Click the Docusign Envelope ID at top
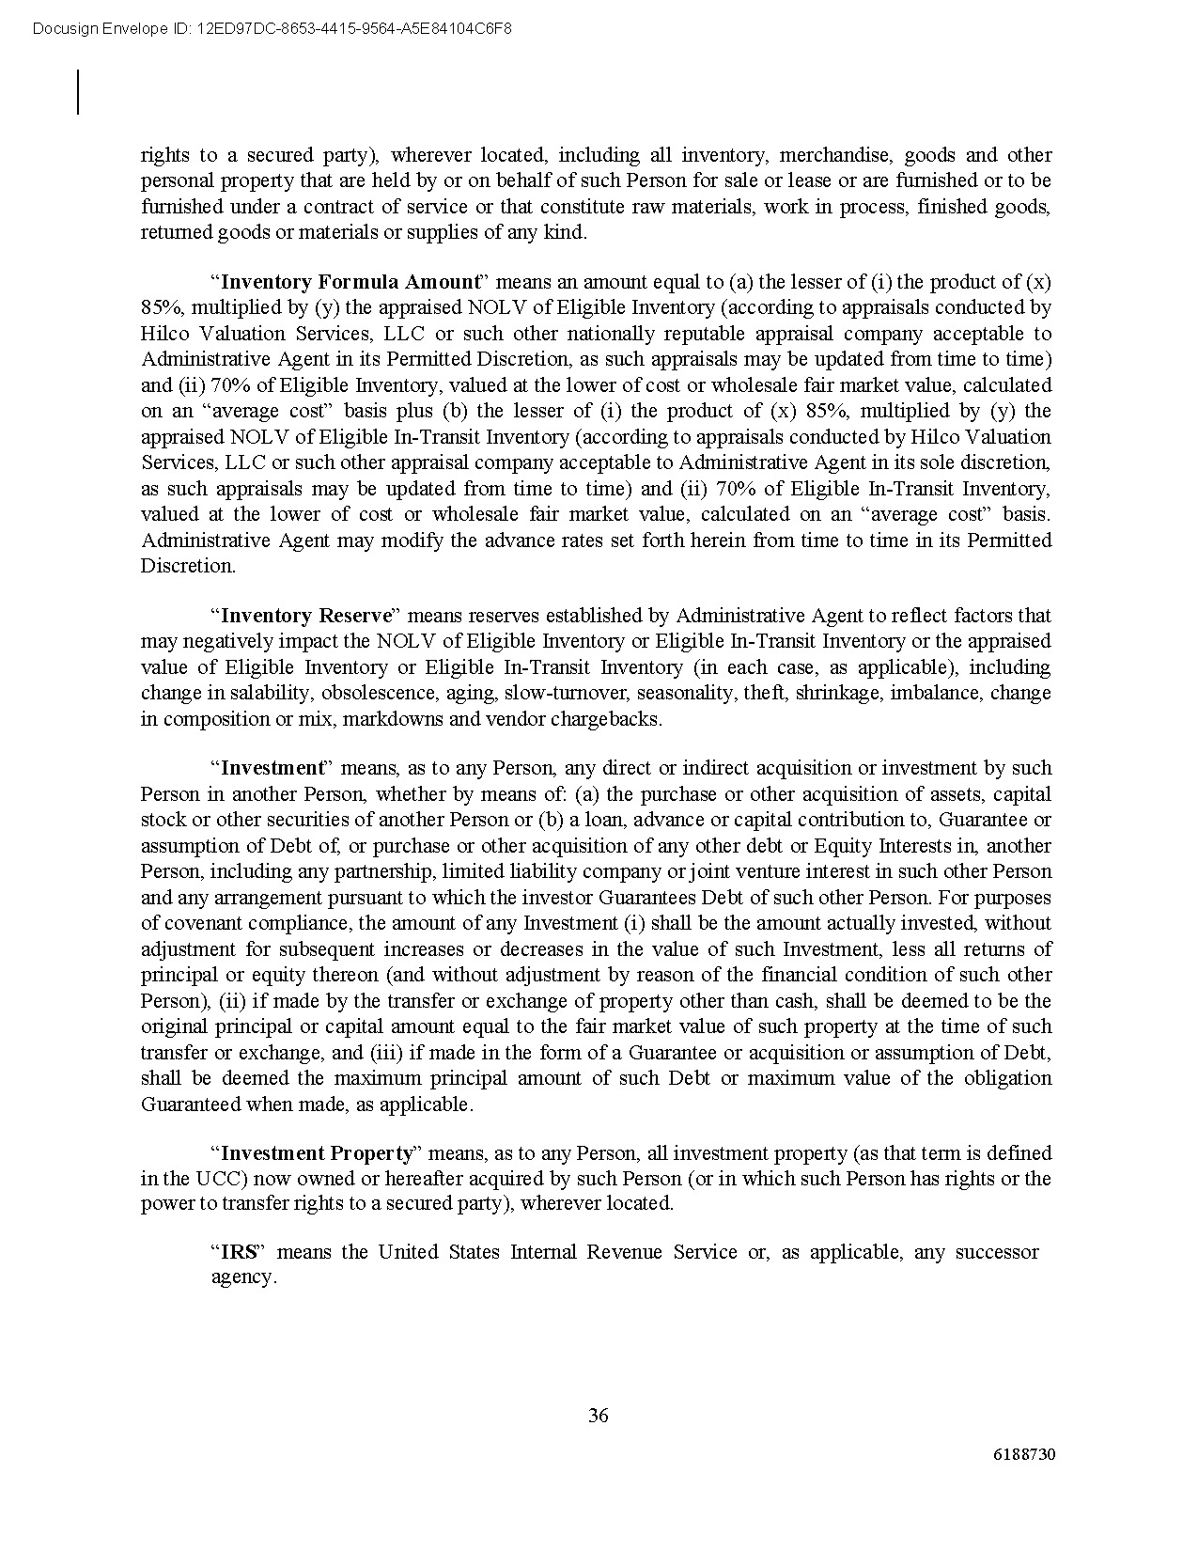point(272,29)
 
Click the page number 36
point(598,1415)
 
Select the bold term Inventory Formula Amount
point(350,282)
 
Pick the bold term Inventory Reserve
point(305,616)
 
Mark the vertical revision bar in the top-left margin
point(78,92)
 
